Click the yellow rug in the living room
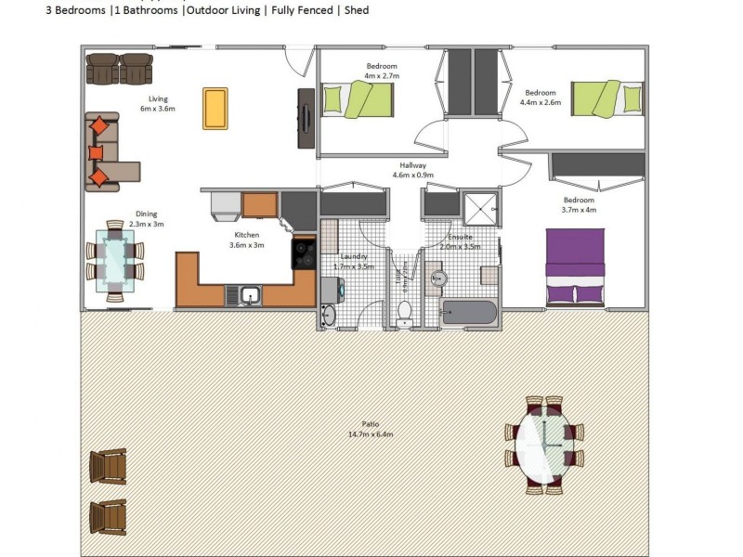215,109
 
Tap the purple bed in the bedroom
575,266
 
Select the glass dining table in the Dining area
115,261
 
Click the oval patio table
544,445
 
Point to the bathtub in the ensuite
470,312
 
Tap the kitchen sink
248,296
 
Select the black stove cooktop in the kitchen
304,253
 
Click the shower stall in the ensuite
481,209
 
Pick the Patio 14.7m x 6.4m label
371,430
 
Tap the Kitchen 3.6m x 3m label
248,240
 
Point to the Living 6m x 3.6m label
158,103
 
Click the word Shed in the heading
356,10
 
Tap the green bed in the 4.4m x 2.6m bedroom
607,97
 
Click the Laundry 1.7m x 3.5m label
353,261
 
